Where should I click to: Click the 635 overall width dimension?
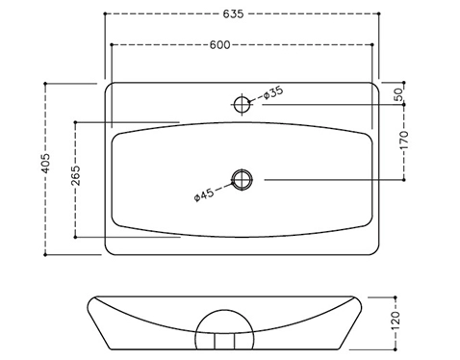click(233, 13)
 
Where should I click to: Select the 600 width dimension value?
click(219, 45)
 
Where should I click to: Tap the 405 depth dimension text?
click(45, 164)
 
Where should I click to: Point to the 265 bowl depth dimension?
click(76, 175)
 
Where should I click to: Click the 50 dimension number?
click(397, 94)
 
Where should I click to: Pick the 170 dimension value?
click(404, 140)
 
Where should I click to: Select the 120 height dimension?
click(396, 321)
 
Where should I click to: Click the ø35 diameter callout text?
click(273, 92)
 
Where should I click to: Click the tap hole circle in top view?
click(242, 97)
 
